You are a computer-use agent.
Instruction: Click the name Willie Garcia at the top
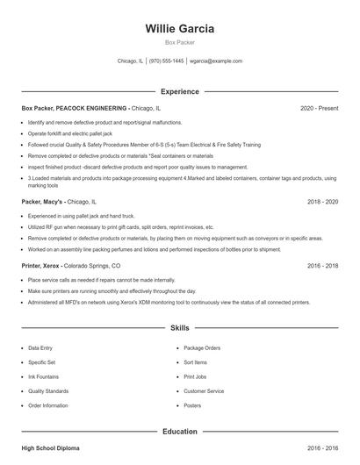click(179, 28)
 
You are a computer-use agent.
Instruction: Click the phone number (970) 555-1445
click(167, 61)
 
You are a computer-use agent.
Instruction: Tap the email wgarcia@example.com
click(216, 61)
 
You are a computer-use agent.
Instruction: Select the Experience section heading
click(179, 91)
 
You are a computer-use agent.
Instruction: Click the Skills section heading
click(179, 328)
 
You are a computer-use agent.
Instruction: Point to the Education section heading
click(179, 432)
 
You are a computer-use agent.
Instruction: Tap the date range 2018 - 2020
click(322, 201)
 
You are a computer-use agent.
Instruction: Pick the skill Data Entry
click(40, 348)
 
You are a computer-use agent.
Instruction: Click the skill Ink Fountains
click(43, 376)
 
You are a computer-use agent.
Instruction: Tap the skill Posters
click(192, 405)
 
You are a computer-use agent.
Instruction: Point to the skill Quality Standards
click(48, 391)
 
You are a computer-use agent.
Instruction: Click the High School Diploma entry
click(50, 448)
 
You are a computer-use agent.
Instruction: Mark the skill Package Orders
click(201, 348)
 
